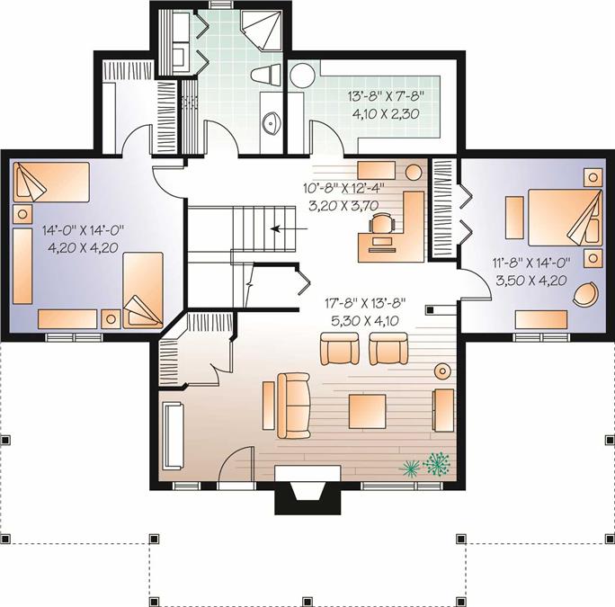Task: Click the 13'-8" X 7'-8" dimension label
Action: point(387,95)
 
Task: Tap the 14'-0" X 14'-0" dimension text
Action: point(83,229)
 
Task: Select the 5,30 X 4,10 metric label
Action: point(365,321)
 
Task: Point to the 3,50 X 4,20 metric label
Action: point(531,281)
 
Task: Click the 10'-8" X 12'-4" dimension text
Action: point(343,188)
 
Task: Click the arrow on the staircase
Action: point(290,228)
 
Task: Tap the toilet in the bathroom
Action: point(265,74)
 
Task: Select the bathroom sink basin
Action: point(271,122)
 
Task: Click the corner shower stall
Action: point(262,31)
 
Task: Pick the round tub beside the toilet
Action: point(302,76)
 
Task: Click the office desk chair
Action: point(381,224)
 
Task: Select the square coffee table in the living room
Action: point(367,411)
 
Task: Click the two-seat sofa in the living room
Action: point(293,406)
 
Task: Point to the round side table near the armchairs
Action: point(442,370)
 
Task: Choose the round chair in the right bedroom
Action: point(585,293)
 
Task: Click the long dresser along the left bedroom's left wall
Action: point(22,266)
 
